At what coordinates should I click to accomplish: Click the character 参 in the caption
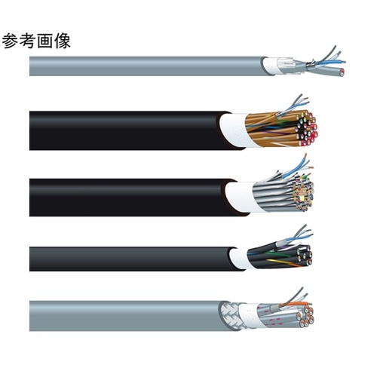[x=11, y=41]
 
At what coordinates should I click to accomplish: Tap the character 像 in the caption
[x=63, y=41]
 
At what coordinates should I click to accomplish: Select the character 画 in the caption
[x=45, y=41]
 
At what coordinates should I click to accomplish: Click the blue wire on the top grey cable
[x=329, y=62]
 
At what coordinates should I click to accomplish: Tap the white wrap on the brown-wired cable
[x=234, y=130]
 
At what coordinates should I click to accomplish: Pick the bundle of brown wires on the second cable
[x=271, y=129]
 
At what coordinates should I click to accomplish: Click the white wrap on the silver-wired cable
[x=240, y=198]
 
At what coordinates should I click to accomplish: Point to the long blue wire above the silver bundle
[x=296, y=168]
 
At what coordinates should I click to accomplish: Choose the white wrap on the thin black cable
[x=239, y=259]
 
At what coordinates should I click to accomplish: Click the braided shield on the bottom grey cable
[x=228, y=315]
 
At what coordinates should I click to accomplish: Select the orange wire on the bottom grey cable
[x=293, y=305]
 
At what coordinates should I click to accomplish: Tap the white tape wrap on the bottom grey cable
[x=249, y=315]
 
